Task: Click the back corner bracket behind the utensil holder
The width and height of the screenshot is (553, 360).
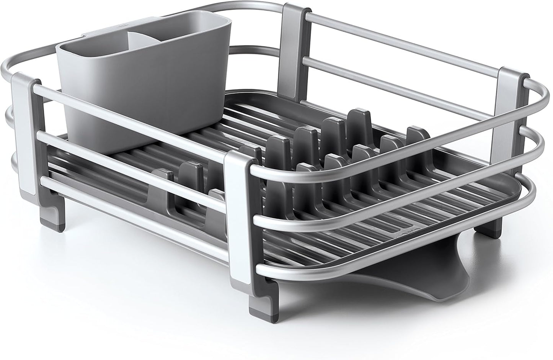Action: tap(293, 50)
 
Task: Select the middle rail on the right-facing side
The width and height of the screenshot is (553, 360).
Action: tap(383, 199)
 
